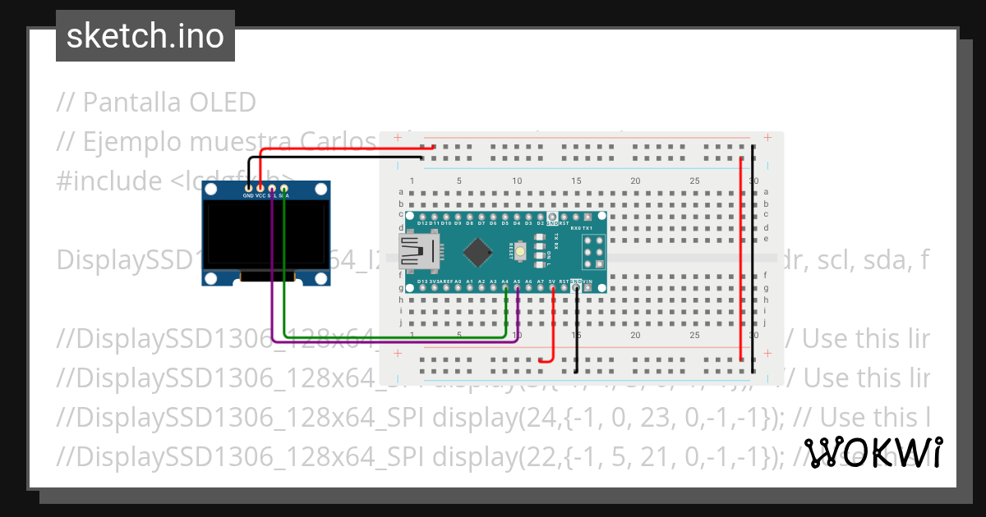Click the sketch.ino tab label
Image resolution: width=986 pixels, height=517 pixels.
click(145, 36)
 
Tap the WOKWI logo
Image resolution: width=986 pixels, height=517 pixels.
click(873, 452)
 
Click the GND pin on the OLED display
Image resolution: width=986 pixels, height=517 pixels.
click(248, 190)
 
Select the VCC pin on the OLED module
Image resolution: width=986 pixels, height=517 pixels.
click(260, 190)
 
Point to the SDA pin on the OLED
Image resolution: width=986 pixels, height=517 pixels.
click(284, 190)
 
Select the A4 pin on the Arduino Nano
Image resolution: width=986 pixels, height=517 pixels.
click(505, 288)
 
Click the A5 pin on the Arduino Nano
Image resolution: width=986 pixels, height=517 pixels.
click(517, 288)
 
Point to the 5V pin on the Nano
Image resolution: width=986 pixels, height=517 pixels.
click(552, 288)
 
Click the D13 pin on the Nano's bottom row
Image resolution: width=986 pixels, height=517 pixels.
click(422, 288)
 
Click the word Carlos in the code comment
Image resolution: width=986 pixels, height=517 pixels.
click(339, 142)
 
